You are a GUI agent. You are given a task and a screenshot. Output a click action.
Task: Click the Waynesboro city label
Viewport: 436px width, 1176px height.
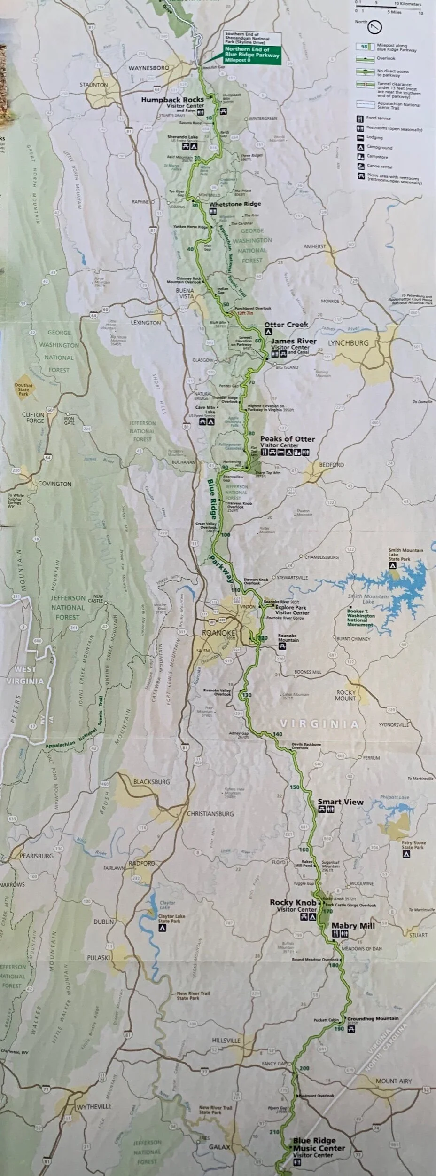coord(149,68)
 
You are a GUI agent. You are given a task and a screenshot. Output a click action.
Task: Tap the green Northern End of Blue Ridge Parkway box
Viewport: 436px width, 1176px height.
coord(251,55)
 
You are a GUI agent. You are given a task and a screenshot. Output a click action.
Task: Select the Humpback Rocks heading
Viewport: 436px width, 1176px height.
coord(173,99)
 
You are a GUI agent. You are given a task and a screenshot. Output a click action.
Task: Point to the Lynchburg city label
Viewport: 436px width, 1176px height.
coord(348,343)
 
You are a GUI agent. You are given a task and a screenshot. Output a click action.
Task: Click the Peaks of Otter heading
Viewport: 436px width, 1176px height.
coord(288,439)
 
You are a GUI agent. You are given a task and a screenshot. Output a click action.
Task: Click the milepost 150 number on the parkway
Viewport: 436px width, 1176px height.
coord(295,787)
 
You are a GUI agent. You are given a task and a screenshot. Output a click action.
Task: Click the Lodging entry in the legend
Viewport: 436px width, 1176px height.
coord(375,138)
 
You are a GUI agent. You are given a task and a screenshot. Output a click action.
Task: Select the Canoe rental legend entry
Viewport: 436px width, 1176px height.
coord(380,167)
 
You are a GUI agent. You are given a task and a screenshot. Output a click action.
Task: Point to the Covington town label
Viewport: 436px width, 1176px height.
coord(54,484)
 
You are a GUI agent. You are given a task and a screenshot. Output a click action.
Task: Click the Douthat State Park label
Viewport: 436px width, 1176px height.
coord(23,390)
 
